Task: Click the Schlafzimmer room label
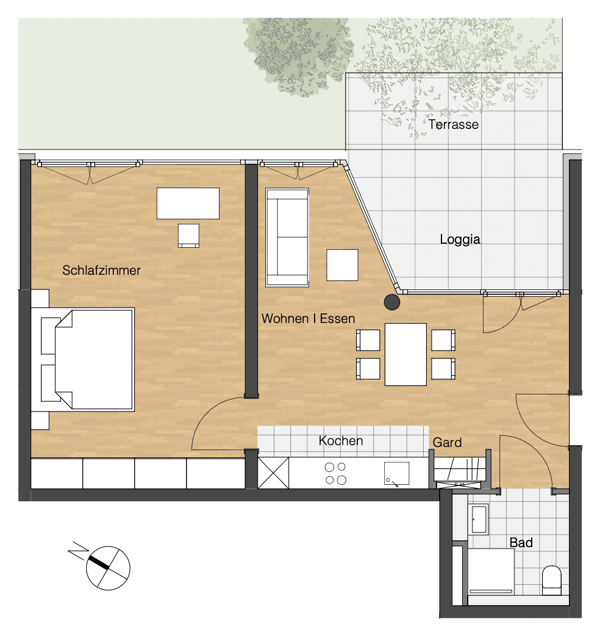tap(101, 270)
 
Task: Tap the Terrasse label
tap(453, 125)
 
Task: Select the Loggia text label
tap(460, 239)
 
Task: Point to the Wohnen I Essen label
tap(308, 318)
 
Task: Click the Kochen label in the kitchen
tap(341, 440)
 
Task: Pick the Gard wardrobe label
tap(447, 442)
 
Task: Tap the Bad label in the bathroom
tap(521, 542)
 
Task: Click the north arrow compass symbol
tap(107, 567)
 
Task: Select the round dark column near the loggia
tap(391, 302)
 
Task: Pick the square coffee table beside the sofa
tap(342, 265)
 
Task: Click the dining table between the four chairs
tap(405, 354)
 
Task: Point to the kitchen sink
tap(396, 473)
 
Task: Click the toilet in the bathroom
tap(551, 580)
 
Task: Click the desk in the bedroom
tap(188, 203)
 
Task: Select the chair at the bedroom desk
tap(188, 236)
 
